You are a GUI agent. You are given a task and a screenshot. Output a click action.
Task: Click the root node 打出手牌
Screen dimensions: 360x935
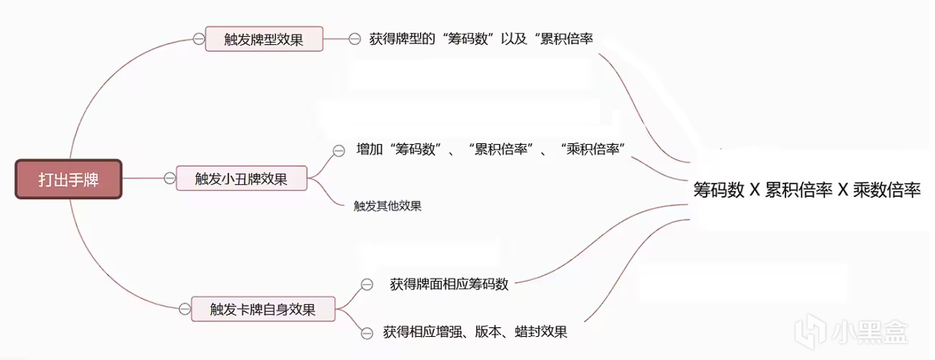tap(69, 179)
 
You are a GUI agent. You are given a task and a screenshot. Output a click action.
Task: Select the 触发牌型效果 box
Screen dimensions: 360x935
tap(264, 39)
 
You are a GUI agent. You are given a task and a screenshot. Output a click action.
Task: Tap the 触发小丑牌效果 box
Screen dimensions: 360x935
tap(241, 179)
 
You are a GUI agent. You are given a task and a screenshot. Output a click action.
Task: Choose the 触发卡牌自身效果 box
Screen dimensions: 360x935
tap(263, 310)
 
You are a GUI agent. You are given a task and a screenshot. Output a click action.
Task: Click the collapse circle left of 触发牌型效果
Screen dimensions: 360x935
tap(198, 39)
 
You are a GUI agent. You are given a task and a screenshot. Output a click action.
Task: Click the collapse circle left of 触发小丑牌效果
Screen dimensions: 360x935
tap(169, 179)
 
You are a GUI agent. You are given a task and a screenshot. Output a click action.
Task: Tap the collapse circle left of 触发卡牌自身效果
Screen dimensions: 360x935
tap(184, 310)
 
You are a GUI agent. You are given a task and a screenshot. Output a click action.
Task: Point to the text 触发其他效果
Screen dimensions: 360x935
tap(387, 206)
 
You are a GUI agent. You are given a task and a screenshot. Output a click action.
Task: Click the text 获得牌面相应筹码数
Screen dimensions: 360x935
tap(449, 284)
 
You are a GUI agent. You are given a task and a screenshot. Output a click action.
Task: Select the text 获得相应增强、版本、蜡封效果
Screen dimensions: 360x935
tap(475, 332)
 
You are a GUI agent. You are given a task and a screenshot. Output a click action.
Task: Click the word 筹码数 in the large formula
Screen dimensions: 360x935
tap(718, 190)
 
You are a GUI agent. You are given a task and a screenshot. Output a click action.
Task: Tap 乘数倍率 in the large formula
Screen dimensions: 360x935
tap(887, 190)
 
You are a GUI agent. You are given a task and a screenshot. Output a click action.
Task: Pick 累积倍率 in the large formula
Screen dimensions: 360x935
tap(799, 190)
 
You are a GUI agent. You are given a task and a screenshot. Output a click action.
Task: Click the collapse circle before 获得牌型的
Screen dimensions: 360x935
tap(354, 39)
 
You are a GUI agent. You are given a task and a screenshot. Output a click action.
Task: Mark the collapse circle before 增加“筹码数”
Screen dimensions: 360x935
tap(338, 150)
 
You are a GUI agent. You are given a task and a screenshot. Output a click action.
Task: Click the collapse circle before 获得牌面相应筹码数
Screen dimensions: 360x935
tap(367, 285)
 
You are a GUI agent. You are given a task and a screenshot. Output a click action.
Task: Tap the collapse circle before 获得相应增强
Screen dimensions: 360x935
tap(367, 333)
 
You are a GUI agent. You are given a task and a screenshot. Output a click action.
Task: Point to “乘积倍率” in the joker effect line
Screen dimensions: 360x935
tap(595, 149)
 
